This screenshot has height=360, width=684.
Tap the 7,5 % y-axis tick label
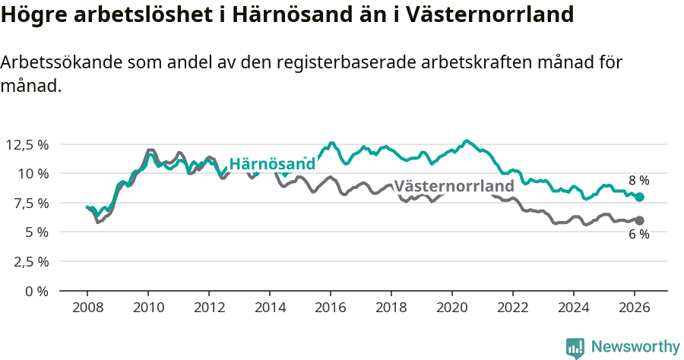point(30,203)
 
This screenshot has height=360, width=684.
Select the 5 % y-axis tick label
point(36,232)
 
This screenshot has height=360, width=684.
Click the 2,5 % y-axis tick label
point(30,261)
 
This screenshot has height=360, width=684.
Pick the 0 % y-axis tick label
point(36,291)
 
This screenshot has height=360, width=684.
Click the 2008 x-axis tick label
point(87,308)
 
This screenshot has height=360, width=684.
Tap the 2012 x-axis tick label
point(209,308)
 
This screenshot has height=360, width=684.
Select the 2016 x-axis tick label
point(331,308)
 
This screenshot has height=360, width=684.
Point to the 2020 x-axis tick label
point(452,308)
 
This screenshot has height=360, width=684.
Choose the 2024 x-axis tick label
point(574,308)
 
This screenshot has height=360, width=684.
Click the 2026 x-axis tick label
point(635,308)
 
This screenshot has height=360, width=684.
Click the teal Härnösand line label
point(272,164)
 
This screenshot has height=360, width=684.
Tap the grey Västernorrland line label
point(454,186)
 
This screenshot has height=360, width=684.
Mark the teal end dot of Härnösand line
point(639,197)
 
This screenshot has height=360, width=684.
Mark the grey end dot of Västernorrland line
point(639,220)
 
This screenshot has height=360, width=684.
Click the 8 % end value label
point(638,181)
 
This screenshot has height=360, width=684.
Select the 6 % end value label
point(638,235)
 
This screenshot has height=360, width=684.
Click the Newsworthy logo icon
point(575,347)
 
